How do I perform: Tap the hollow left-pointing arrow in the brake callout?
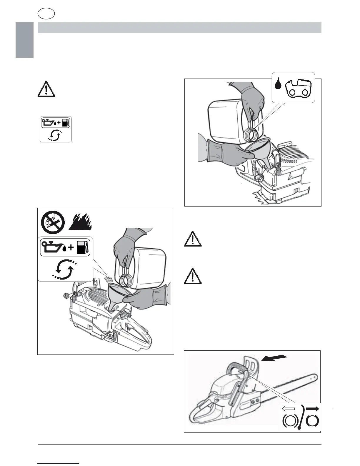coord(288,409)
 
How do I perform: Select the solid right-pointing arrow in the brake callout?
coord(313,409)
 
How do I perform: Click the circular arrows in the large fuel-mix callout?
coord(64,269)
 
